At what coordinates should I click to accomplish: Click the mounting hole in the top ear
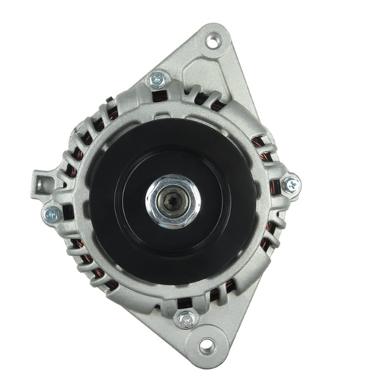[213, 40]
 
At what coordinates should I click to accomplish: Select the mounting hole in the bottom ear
[207, 345]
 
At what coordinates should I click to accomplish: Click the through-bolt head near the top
[157, 79]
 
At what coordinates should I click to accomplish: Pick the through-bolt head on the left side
[51, 214]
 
